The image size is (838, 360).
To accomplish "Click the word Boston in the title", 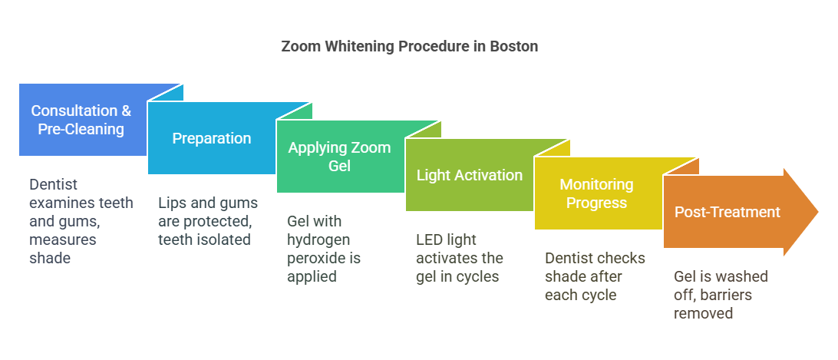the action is click(x=514, y=47).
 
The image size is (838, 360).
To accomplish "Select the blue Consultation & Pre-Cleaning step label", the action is click(x=81, y=120).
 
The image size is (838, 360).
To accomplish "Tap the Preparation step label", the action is click(x=212, y=138).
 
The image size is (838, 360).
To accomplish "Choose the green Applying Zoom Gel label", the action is click(x=339, y=157).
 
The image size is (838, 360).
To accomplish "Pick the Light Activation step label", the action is click(x=470, y=175).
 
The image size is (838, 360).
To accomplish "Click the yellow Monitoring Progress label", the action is click(x=596, y=193).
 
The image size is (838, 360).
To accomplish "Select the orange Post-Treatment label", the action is click(x=727, y=212).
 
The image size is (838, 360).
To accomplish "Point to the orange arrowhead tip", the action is click(x=818, y=212).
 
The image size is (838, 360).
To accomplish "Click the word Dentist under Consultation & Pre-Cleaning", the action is click(x=54, y=184).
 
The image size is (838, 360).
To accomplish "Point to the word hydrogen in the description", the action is click(x=319, y=240).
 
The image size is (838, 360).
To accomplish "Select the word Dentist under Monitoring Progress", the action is click(x=569, y=259).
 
